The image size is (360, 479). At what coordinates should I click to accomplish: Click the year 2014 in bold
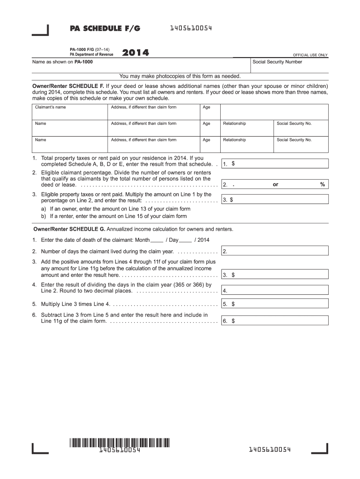[136, 53]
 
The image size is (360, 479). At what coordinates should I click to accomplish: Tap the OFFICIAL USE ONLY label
[310, 55]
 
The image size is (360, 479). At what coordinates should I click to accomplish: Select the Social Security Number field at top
[289, 65]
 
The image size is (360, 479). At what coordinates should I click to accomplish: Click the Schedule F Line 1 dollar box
[275, 164]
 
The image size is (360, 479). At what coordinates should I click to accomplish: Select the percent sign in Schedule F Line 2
[322, 184]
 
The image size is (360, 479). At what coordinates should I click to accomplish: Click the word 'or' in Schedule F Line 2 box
[275, 184]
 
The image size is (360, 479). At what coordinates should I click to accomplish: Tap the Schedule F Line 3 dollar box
[275, 200]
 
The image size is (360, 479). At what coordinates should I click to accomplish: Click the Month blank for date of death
[157, 240]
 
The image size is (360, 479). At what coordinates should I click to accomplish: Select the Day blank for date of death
[185, 240]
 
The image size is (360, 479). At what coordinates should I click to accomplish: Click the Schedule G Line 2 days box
[275, 252]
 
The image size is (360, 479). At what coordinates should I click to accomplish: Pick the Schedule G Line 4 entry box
[275, 290]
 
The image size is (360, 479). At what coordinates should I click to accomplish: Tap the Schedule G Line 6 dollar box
[275, 321]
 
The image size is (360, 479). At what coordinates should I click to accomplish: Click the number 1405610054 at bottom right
[270, 450]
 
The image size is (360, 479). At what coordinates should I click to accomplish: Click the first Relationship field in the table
[247, 127]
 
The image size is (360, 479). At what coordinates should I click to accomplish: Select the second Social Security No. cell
[301, 143]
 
